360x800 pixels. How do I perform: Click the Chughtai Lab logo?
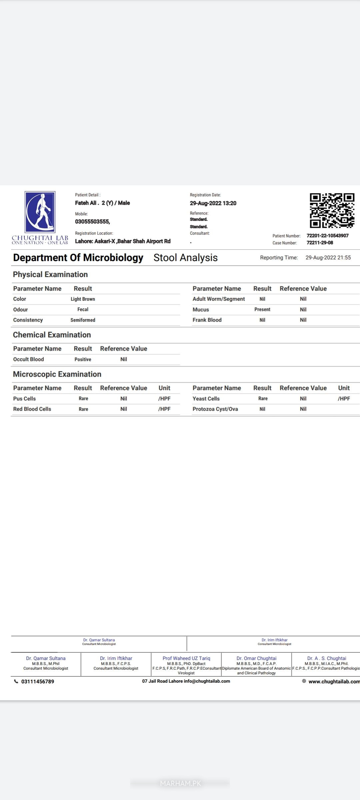coord(40,217)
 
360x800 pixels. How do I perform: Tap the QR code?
coord(332,210)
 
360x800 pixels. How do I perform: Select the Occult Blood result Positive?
coord(83,359)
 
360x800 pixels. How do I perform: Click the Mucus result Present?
coord(262,309)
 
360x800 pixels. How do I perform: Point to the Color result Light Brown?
coord(83,299)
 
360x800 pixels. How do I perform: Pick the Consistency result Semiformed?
coord(83,320)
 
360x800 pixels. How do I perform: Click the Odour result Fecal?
coord(83,309)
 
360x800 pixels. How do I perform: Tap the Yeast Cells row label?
coord(206,399)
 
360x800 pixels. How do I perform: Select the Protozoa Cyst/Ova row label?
coord(215,409)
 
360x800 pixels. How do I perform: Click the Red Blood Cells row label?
coord(32,409)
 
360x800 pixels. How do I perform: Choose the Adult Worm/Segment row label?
coord(219,299)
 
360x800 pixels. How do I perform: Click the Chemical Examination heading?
coord(52,335)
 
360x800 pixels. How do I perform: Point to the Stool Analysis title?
coord(185,258)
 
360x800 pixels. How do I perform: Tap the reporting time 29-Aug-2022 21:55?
coord(328,258)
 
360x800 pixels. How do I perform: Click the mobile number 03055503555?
coord(92,222)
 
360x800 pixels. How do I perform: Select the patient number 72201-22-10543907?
coord(327,236)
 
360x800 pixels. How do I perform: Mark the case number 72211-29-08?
coord(320,243)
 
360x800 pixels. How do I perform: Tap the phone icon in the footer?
coord(16,681)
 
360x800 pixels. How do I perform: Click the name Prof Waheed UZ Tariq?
coord(186,658)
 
